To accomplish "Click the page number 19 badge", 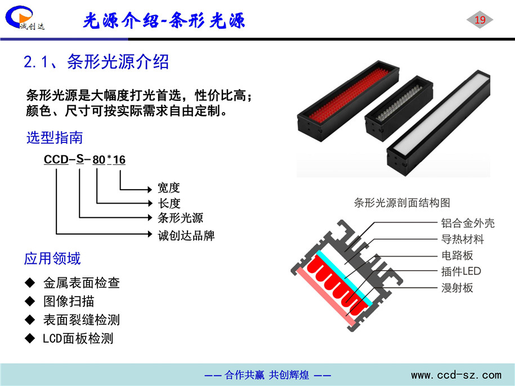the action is click(480, 20).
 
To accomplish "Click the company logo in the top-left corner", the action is click(25, 18).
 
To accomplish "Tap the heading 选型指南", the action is click(54, 137).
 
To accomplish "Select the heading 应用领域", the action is click(52, 258).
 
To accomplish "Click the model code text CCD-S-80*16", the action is click(85, 160).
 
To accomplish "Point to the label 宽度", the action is click(169, 188).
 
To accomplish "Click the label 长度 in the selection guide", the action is click(169, 203).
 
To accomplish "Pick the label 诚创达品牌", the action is click(186, 235).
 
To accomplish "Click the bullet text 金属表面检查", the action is click(82, 282).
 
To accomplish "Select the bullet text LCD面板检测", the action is click(78, 338).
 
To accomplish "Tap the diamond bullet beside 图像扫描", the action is click(30, 301).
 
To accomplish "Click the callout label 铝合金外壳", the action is click(468, 223).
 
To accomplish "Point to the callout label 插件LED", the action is click(461, 271).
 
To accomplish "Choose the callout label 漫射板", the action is click(457, 288).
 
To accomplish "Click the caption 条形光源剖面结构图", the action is click(402, 203).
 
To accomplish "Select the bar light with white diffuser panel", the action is click(438, 123).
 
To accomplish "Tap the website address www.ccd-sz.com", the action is click(456, 375).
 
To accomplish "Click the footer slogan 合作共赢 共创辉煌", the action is click(267, 375).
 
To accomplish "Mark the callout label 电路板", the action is click(457, 255).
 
